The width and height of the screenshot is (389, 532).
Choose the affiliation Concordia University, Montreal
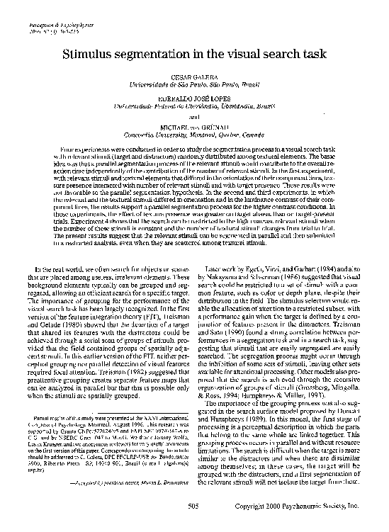tap(193, 134)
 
